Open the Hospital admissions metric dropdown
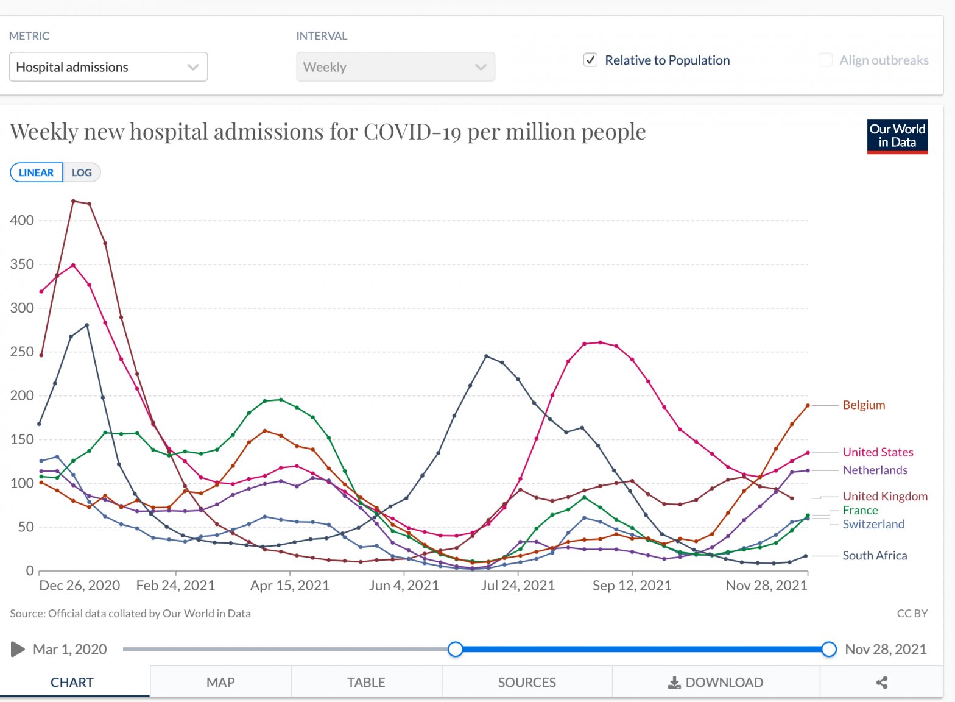(108, 67)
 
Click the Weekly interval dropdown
(395, 67)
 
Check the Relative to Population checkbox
(590, 60)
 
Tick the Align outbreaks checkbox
(825, 60)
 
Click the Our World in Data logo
(897, 136)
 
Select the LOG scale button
(82, 172)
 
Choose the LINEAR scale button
(37, 172)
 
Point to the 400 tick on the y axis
(22, 221)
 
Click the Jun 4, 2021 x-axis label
(404, 586)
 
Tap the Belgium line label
(864, 405)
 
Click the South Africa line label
(875, 556)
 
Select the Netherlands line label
(875, 470)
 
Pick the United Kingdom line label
(885, 497)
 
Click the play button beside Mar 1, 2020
(18, 650)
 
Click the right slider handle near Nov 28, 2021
(828, 650)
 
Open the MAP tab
(220, 682)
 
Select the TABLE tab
(366, 682)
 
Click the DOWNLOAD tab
(716, 682)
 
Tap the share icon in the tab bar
(881, 682)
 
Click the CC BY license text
(912, 614)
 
